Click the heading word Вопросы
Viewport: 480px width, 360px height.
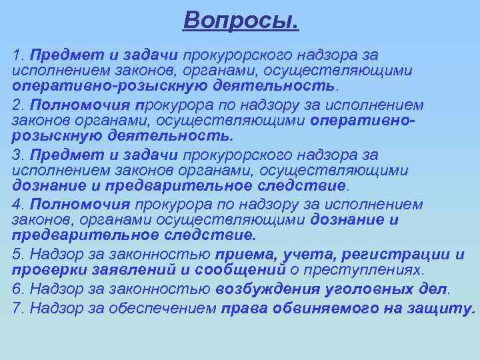pos(241,21)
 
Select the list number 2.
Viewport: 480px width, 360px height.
pos(17,105)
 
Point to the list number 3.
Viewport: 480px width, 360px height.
pos(17,155)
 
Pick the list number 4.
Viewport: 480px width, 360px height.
pos(17,205)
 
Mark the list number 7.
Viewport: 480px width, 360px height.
pos(17,308)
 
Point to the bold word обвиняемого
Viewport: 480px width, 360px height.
pos(319,308)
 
